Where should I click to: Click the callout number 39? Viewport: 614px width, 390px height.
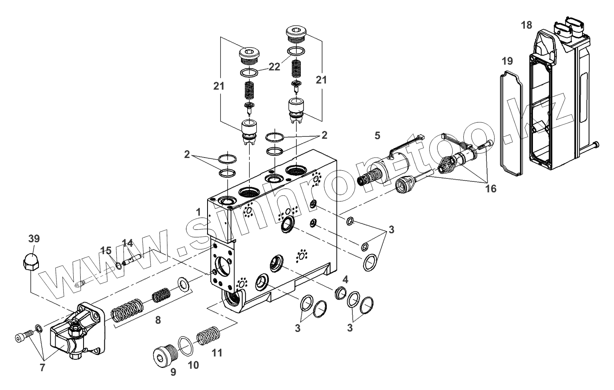34,239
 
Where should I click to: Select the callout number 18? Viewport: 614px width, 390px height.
526,25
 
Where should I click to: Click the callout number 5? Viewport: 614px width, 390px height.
377,135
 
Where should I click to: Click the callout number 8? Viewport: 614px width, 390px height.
158,320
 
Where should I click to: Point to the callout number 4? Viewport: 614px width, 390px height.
345,280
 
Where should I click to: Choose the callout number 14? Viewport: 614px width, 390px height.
128,243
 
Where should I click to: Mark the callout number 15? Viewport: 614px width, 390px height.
106,250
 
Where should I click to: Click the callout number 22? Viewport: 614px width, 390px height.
274,67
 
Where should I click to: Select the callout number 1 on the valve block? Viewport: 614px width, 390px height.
198,212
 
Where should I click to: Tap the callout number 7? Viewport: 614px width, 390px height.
43,367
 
